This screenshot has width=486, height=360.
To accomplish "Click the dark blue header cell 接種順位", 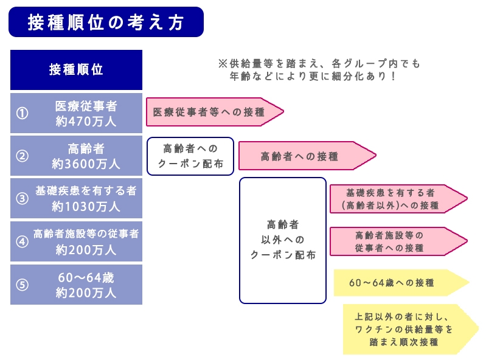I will (76, 69).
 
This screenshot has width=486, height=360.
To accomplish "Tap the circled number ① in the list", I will (22, 113).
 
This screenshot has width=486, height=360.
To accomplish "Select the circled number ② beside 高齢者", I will (22, 156).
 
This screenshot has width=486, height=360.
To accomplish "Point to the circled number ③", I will (22, 198).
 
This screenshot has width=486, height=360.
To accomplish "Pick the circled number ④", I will (22, 241).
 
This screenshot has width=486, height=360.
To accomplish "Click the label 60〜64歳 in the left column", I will (86, 277).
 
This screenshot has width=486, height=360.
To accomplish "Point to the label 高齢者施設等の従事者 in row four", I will (86, 234).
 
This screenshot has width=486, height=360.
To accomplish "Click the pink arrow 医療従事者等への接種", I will (210, 112).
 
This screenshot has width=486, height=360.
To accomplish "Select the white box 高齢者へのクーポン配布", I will (190, 156).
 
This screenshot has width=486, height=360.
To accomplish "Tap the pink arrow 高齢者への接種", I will (301, 156).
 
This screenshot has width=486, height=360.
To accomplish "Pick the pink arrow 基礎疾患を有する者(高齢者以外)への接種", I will (392, 198).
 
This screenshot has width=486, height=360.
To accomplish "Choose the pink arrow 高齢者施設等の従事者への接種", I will (392, 241).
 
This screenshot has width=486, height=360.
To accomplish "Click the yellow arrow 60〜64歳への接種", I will (395, 283).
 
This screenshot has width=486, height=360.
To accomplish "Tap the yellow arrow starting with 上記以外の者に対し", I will (404, 329).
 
